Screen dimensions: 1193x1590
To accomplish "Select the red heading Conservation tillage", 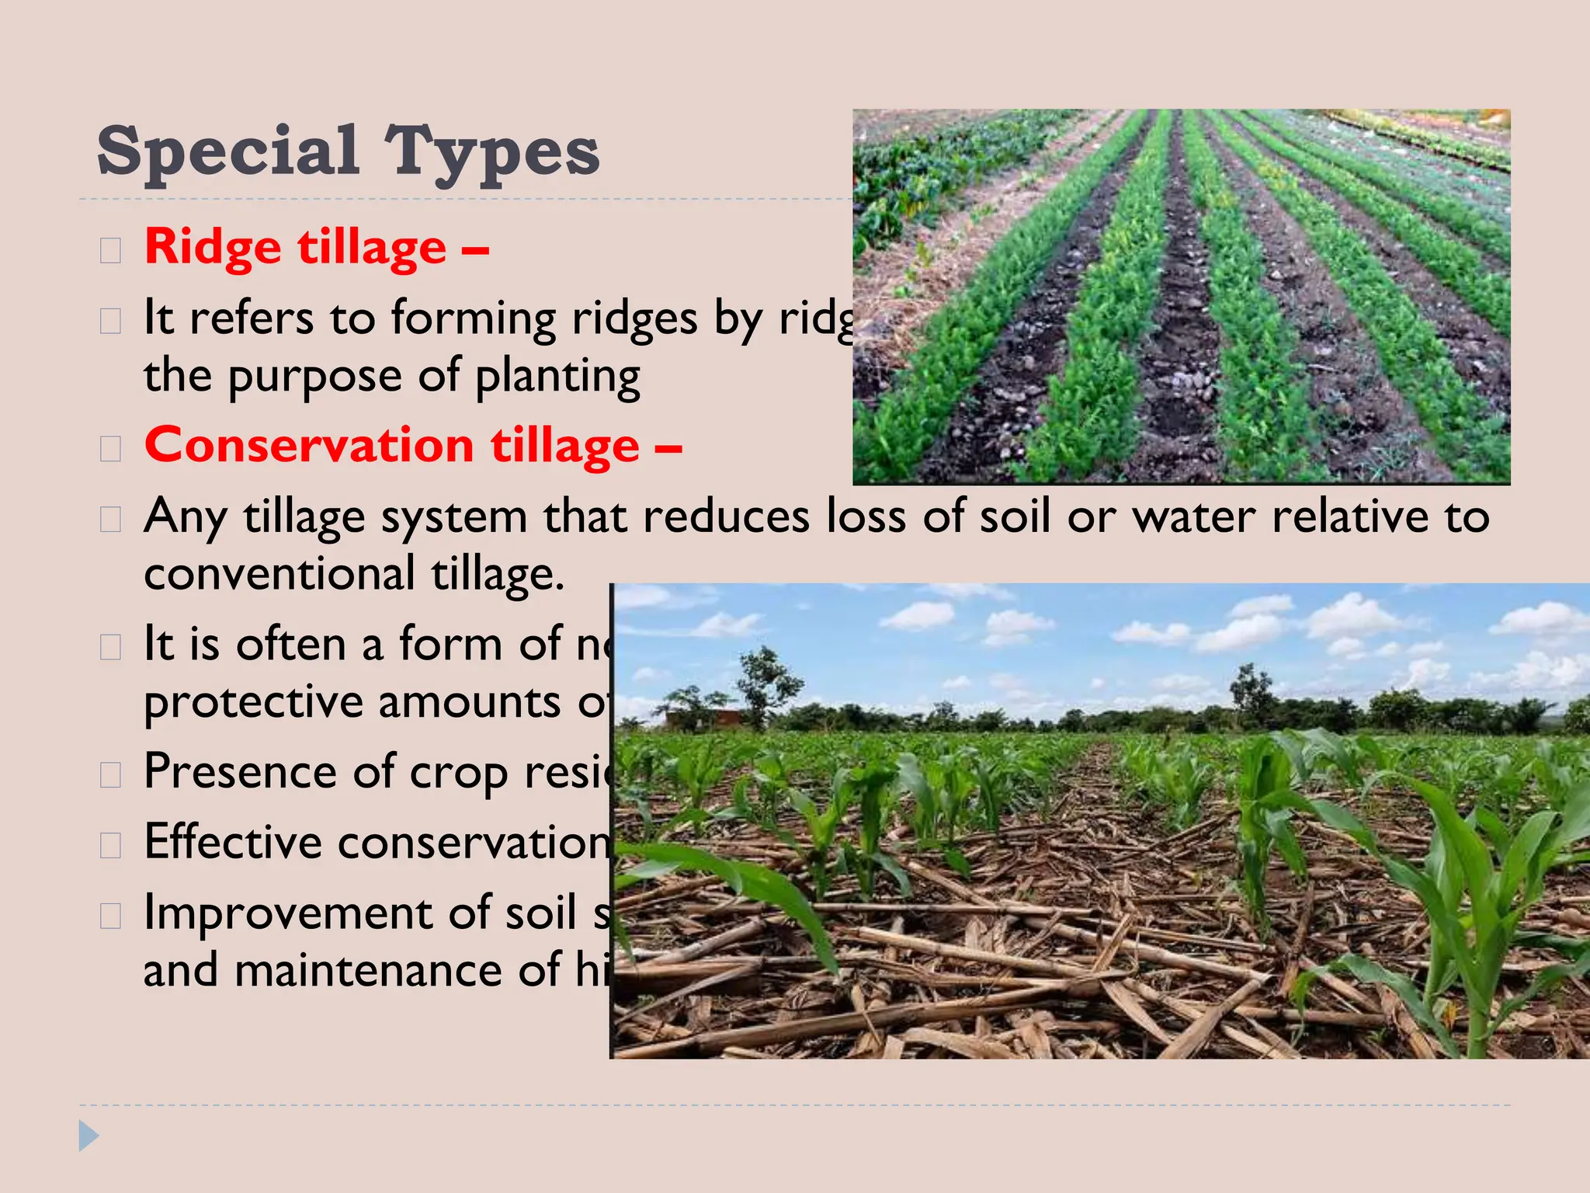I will pos(393,446).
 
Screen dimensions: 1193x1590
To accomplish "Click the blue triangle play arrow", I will pos(89,1136).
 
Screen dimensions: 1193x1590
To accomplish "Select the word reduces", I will pos(726,517).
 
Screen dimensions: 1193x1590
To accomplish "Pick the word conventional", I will pos(279,575).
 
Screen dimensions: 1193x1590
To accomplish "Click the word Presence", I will pos(241,772).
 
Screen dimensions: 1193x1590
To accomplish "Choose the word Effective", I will pos(233,842).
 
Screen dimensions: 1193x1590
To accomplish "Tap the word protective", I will pos(253,703).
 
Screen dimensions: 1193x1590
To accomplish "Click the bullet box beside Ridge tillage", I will pos(111,250).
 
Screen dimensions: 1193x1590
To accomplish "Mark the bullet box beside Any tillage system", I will pos(111,519).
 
